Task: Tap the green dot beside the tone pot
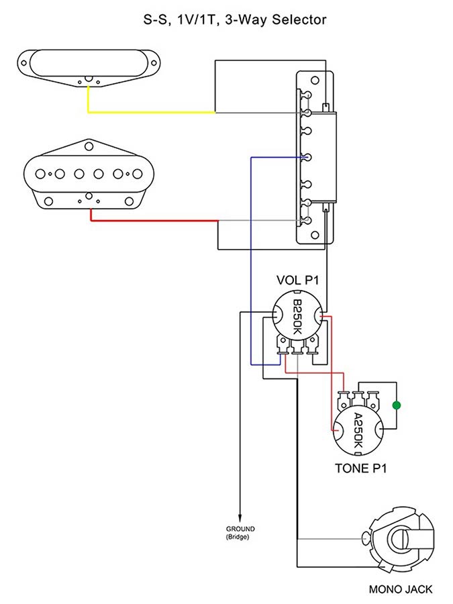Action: (x=397, y=405)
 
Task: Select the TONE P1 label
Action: (x=362, y=468)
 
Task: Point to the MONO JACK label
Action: (x=401, y=590)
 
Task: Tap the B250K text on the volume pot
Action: (x=297, y=319)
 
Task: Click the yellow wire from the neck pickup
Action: (x=148, y=112)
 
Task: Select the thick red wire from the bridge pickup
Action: (x=154, y=221)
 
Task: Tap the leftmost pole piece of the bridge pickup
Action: (x=40, y=173)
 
